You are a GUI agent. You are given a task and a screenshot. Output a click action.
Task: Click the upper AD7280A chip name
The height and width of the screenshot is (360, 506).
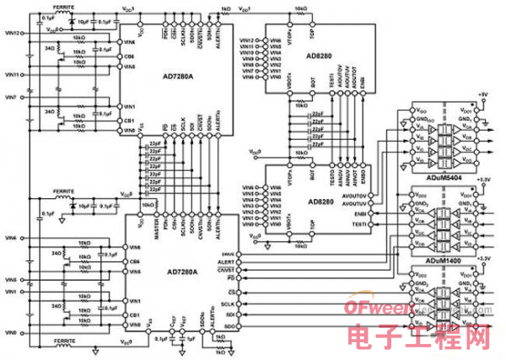coord(178,73)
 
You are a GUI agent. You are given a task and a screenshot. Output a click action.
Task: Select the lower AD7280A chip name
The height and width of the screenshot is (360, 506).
coord(178,271)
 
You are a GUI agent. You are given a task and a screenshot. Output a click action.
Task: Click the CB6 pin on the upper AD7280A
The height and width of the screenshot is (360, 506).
coord(129,56)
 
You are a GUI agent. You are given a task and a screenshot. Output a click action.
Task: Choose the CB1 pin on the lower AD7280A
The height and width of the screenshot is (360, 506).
coord(129,314)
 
